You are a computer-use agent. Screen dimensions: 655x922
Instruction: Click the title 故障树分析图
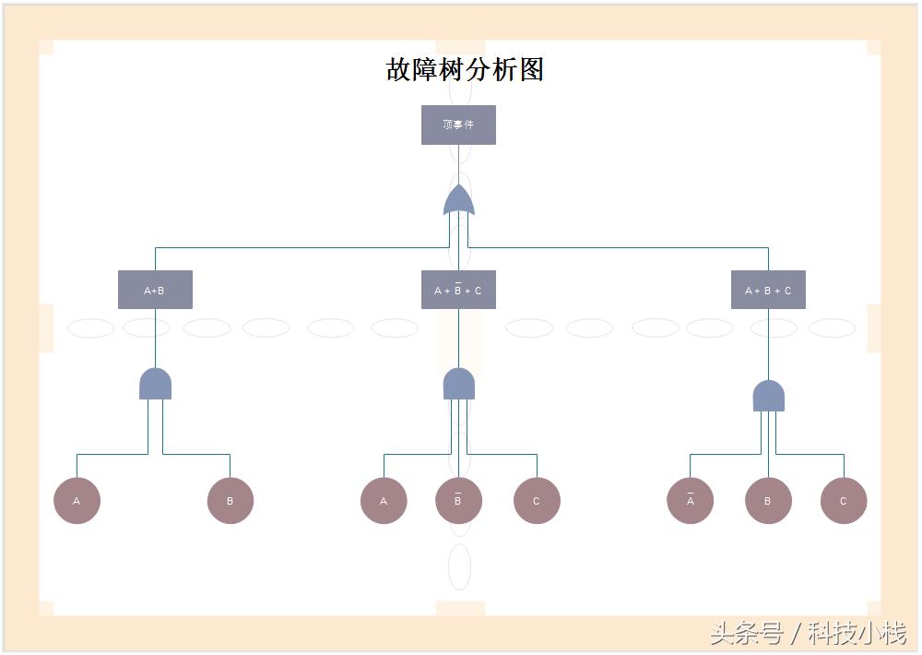click(465, 70)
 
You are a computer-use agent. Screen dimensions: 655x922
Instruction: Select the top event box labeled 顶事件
click(458, 125)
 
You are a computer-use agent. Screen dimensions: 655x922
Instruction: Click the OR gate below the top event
click(459, 201)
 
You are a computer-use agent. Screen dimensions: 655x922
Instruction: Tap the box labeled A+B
click(155, 290)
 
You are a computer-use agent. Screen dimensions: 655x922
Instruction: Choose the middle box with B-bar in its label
click(458, 290)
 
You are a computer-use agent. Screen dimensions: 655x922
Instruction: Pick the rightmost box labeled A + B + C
click(768, 290)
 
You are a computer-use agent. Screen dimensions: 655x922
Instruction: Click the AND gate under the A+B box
click(155, 384)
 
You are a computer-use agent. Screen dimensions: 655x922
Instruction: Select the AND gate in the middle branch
click(459, 384)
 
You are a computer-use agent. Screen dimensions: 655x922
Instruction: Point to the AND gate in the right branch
click(768, 396)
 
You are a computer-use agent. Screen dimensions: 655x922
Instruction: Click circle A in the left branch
click(77, 501)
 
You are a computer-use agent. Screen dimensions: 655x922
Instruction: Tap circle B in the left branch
click(230, 501)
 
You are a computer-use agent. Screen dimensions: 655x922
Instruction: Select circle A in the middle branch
click(384, 501)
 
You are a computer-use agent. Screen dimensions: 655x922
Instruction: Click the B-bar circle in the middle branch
click(458, 501)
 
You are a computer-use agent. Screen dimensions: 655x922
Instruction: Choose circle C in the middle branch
click(537, 501)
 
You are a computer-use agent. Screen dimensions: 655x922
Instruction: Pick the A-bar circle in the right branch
click(691, 501)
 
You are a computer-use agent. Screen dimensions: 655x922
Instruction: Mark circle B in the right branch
click(768, 501)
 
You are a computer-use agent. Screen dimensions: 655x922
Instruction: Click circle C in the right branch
click(844, 501)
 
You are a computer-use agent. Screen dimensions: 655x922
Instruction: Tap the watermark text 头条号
click(746, 634)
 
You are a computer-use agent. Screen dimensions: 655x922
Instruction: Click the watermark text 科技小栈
click(857, 634)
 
